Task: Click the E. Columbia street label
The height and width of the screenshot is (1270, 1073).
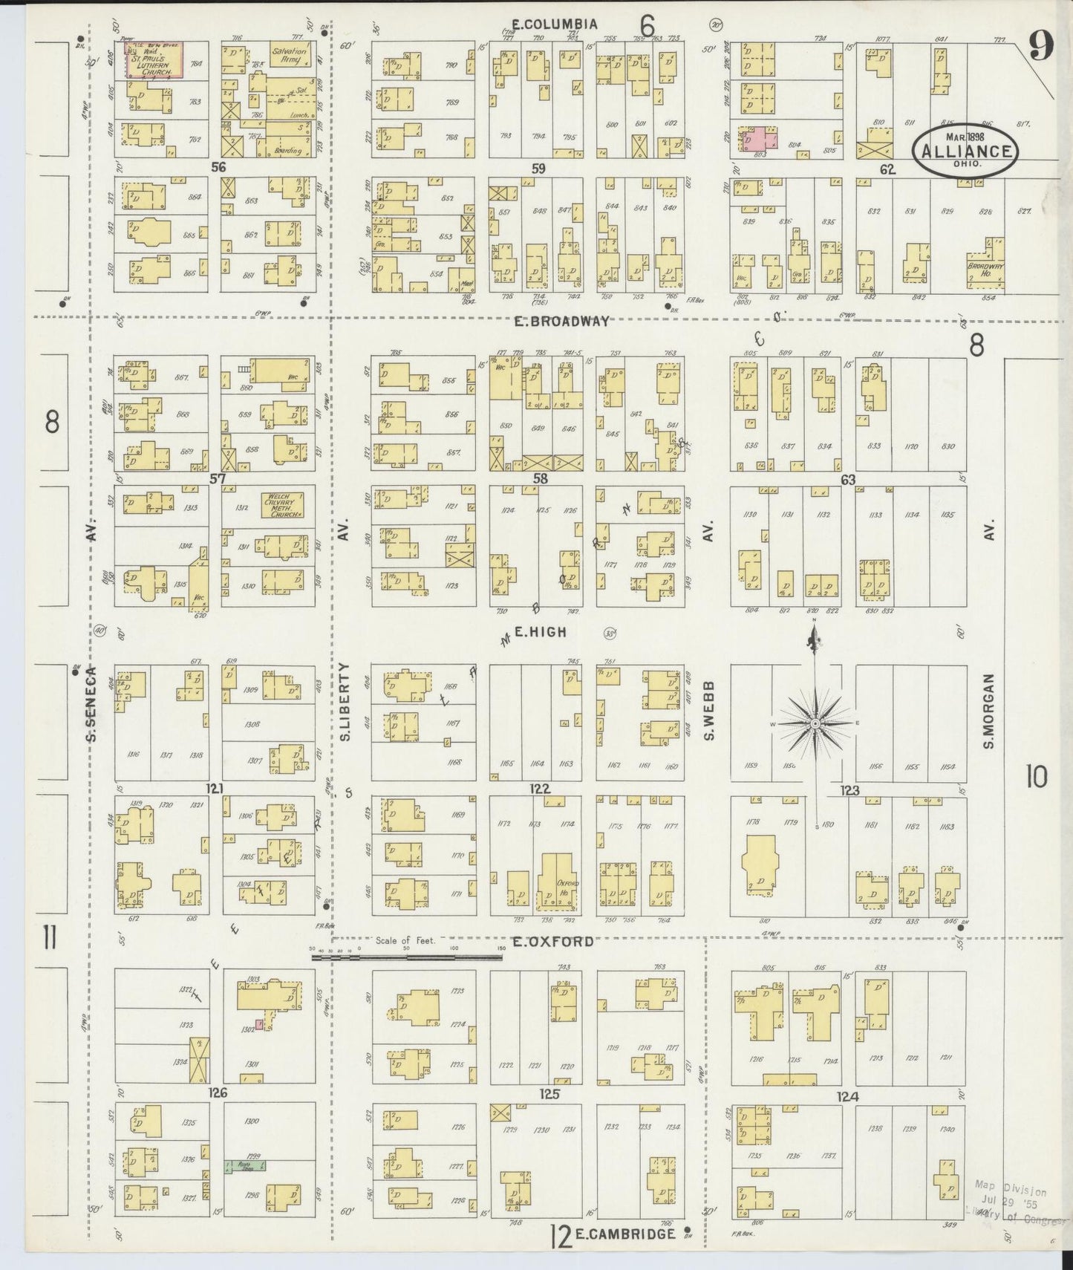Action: click(554, 25)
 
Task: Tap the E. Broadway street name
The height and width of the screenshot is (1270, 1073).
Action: click(563, 322)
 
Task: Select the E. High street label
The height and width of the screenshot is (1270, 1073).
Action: click(541, 632)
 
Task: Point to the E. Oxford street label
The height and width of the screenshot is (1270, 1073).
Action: click(553, 942)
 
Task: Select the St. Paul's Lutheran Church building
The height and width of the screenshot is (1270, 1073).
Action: click(155, 59)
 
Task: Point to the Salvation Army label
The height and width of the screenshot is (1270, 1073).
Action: click(289, 56)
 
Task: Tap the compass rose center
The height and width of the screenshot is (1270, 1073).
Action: click(815, 723)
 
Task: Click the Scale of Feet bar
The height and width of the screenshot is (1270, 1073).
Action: click(407, 957)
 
